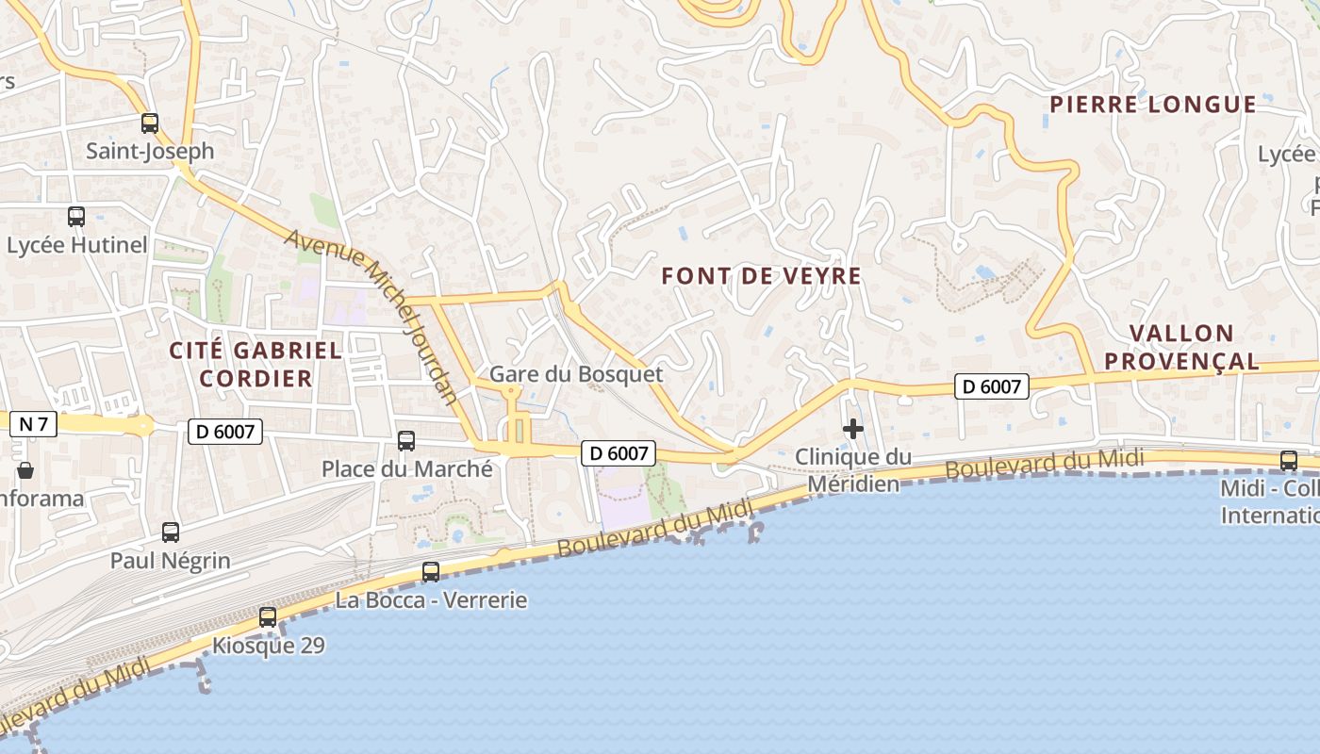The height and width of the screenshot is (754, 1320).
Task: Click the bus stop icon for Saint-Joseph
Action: [x=150, y=123]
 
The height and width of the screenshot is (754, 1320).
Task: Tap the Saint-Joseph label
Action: [x=150, y=151]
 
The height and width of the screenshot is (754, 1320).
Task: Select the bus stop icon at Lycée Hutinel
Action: [x=76, y=217]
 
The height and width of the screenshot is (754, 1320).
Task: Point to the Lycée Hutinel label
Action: [x=77, y=245]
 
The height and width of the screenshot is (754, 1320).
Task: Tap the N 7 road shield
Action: [x=33, y=424]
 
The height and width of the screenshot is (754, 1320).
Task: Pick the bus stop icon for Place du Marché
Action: [x=406, y=440]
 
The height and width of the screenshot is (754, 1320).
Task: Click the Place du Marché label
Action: [x=406, y=468]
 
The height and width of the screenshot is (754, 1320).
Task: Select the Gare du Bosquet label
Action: [x=576, y=374]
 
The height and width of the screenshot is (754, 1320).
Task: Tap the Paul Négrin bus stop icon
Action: [x=171, y=533]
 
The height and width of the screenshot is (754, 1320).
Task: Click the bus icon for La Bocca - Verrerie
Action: [x=431, y=571]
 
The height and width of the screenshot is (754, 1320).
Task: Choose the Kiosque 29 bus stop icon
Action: [x=268, y=617]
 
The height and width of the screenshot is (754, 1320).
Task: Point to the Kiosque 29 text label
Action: [x=268, y=646]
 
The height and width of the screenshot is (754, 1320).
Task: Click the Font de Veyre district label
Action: [x=762, y=276]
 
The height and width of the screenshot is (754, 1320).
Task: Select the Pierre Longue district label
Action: [x=1153, y=105]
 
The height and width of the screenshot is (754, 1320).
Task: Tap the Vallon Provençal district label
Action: [x=1181, y=347]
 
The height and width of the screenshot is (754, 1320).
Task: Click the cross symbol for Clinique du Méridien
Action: [x=853, y=430]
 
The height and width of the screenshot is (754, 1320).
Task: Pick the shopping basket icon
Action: [x=25, y=469]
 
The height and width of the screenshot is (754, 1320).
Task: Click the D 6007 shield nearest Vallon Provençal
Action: [x=991, y=385]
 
